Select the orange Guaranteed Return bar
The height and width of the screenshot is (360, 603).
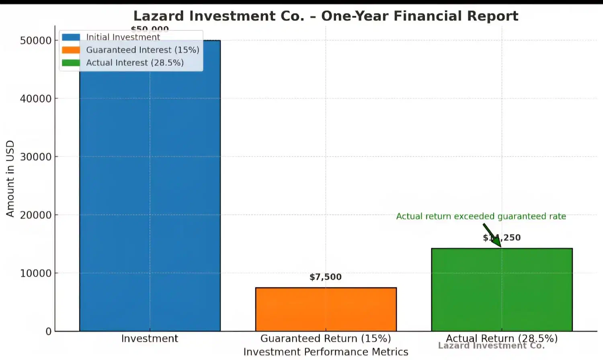point(326,309)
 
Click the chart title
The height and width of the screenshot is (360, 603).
point(326,16)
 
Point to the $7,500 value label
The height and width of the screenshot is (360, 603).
point(326,277)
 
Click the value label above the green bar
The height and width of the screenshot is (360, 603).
point(502,237)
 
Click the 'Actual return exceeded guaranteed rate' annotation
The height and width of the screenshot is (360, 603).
point(481,217)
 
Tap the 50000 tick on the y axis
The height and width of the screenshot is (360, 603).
point(36,41)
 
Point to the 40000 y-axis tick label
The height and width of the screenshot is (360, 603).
point(36,99)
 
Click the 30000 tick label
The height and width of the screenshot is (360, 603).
point(36,157)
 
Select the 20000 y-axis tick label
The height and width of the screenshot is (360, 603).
point(36,215)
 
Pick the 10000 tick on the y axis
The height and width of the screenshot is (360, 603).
point(36,274)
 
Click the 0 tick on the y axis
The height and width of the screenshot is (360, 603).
point(49,332)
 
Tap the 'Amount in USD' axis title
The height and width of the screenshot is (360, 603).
point(10,179)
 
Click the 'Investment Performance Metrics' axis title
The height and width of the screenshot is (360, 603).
point(326,352)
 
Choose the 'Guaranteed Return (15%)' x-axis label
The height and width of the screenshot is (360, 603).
point(326,339)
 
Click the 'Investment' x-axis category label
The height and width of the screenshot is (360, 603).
point(150,339)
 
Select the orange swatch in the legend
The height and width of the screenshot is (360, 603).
point(71,50)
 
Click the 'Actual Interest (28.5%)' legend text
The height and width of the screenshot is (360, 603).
point(135,63)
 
